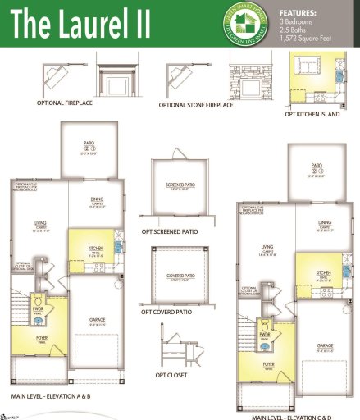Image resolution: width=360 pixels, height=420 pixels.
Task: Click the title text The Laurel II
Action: point(80,24)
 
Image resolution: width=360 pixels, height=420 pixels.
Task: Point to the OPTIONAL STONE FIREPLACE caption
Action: point(194,105)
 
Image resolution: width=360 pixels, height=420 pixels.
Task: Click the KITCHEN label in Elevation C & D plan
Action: point(323,272)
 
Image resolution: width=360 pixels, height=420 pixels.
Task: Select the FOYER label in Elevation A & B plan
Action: point(40,336)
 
